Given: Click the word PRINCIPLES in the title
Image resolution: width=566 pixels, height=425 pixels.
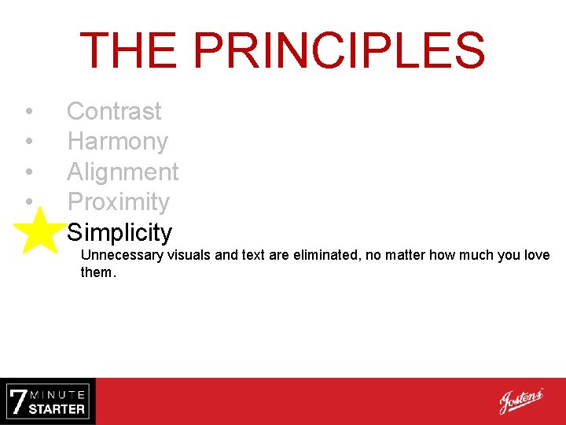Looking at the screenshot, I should [x=339, y=50].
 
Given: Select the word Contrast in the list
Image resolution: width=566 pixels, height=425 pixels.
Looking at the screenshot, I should [x=114, y=112].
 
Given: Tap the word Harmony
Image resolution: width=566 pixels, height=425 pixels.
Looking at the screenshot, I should [x=117, y=142].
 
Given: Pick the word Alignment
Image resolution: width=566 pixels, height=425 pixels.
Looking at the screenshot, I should [x=123, y=172].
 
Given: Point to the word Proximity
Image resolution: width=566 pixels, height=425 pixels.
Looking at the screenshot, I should [x=118, y=202].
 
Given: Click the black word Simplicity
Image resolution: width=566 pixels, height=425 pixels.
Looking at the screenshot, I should [x=119, y=232].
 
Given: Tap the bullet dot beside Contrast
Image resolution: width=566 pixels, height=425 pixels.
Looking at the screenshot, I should [x=28, y=112].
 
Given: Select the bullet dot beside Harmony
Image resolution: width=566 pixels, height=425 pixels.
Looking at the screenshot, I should [x=28, y=142].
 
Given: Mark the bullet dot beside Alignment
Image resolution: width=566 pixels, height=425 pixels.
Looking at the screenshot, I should [x=28, y=172].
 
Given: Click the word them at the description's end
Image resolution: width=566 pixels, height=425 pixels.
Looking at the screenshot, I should [x=97, y=273].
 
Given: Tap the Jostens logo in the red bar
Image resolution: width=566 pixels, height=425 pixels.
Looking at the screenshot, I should [x=520, y=401].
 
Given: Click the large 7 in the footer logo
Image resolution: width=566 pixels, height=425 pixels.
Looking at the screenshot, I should [x=17, y=401].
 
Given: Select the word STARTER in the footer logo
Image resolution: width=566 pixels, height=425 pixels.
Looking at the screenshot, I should [x=57, y=408].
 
